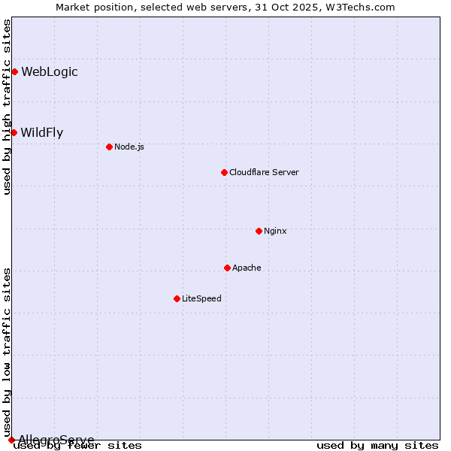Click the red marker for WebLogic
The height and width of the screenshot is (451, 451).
pos(14,71)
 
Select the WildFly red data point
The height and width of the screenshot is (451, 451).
pos(14,132)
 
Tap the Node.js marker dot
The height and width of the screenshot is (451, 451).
pos(109,147)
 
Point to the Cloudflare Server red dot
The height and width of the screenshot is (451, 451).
pos(224,172)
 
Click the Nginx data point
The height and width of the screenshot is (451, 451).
pos(259,231)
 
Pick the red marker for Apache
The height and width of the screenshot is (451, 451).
pos(227,268)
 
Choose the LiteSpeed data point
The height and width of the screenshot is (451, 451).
pos(177,298)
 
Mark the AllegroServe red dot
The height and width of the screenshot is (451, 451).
pos(11,440)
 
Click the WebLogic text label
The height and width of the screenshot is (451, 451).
pos(50,72)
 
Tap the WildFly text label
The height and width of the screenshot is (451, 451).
pos(42,133)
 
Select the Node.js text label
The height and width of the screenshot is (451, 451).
pos(129,147)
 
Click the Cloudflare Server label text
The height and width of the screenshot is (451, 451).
pos(264,172)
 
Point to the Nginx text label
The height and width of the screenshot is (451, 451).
pos(275,231)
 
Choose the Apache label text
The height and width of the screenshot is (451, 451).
pos(247,268)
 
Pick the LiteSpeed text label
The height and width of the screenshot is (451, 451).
pos(201,298)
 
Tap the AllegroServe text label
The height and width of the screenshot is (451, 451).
pos(56,440)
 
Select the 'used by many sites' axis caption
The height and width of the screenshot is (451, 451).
pos(377,446)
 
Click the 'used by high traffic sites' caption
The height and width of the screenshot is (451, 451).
pos(7,107)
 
